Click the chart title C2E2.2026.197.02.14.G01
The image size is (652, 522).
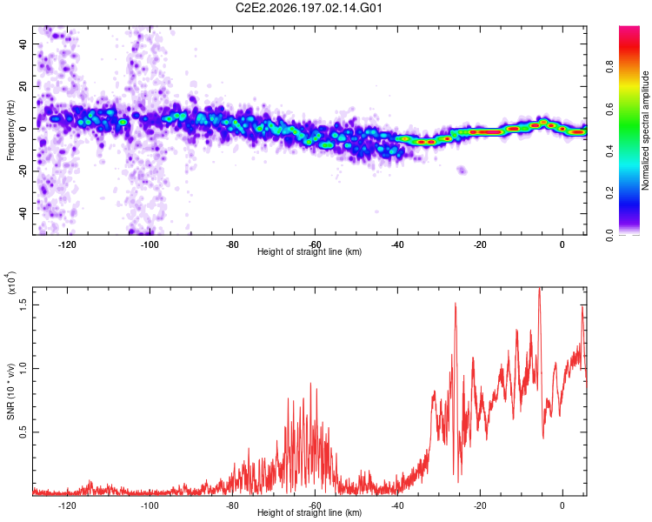coord(309,8)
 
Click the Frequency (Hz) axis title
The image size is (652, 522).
coord(10,130)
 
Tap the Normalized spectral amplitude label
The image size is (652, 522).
coord(645,130)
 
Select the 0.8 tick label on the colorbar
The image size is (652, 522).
coord(609,67)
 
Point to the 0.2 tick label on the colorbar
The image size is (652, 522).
coord(609,193)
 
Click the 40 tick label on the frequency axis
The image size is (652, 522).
coord(23,43)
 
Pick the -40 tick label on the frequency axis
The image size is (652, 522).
coord(23,212)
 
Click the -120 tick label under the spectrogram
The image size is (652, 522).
coord(67,244)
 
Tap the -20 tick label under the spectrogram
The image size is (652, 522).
coord(480,244)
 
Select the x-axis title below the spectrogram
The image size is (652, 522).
coord(309,251)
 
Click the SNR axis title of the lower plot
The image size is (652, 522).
coord(10,391)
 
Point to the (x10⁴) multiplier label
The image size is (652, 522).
coord(10,283)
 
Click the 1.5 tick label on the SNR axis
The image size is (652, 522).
coord(23,304)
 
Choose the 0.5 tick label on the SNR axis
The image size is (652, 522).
coord(23,432)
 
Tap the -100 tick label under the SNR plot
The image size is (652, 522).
coord(150,505)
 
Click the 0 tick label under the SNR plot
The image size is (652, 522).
coord(562,505)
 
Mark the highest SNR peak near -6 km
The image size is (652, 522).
coord(539,288)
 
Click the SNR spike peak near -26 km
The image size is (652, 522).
coord(456,304)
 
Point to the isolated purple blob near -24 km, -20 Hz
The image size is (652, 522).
coord(462,170)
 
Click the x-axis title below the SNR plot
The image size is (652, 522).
coord(309,512)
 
